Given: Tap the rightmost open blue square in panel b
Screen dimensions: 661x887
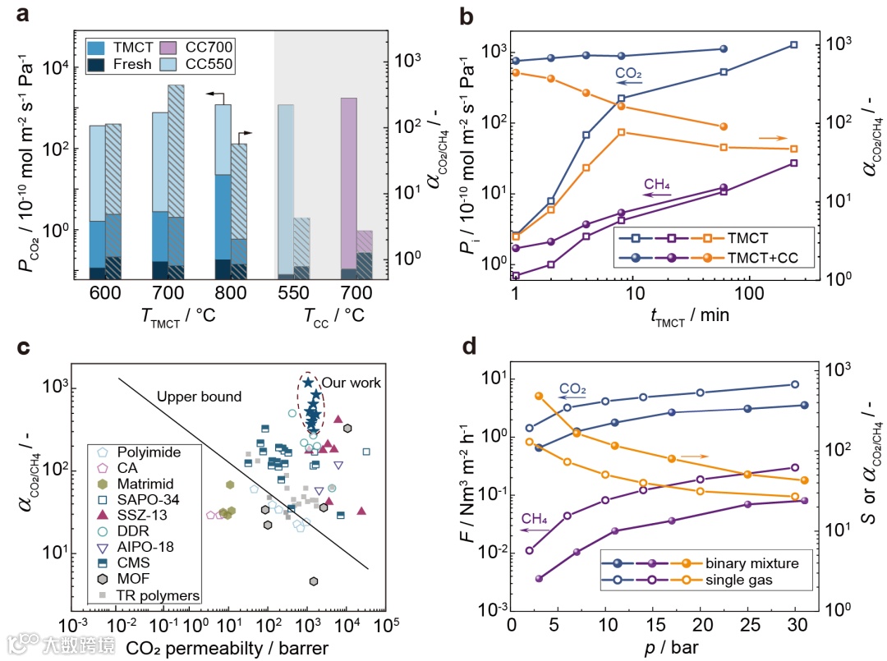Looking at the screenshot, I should tap(793, 44).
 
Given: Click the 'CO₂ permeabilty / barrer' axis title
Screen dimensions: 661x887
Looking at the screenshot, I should tap(227, 649).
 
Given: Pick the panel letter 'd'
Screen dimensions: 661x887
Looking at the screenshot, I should tap(469, 347).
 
